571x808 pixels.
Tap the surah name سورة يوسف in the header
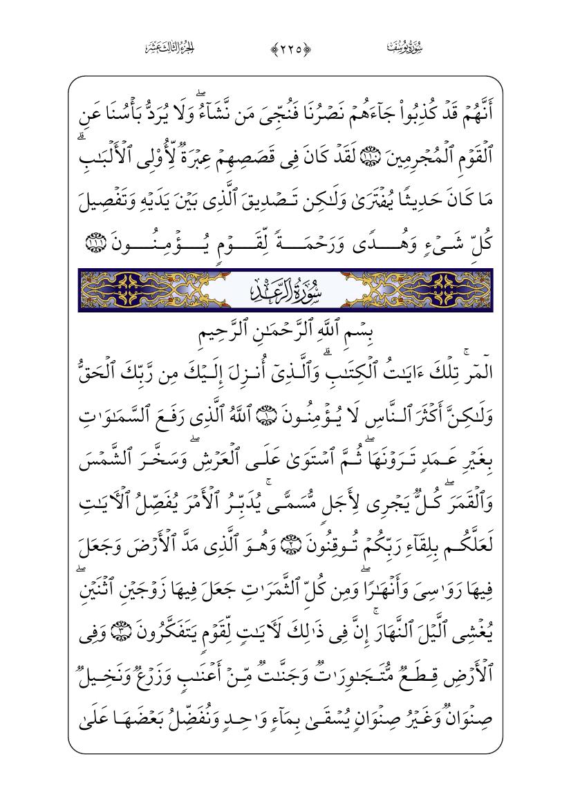[404, 48]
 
